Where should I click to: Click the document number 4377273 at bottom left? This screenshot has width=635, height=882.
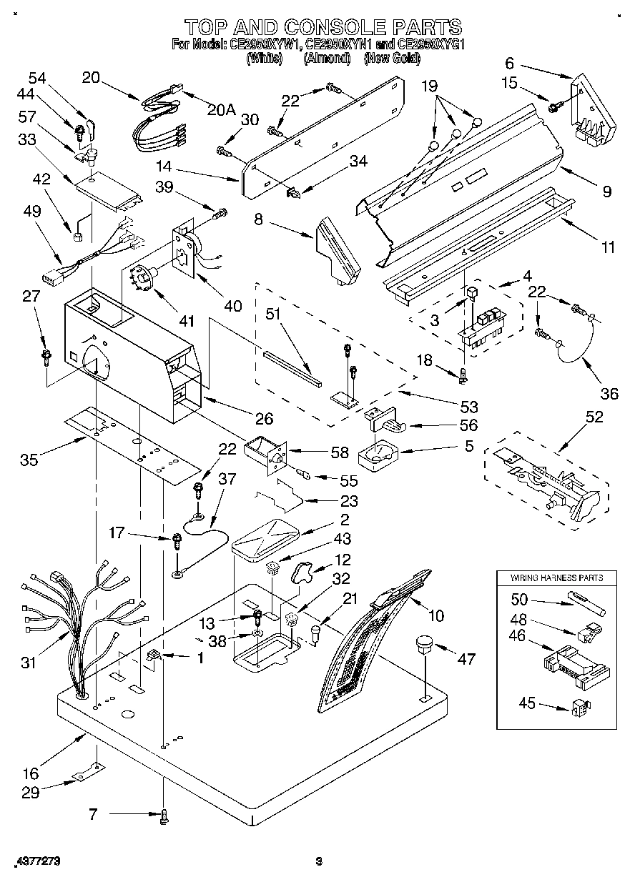tap(36, 861)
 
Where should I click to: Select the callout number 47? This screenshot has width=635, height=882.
tap(466, 659)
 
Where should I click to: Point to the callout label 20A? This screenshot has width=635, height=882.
tap(221, 109)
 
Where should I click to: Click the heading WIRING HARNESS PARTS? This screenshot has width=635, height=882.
tap(556, 578)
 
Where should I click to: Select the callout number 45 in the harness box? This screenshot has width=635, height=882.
tap(526, 703)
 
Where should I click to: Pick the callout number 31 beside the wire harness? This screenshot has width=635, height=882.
tap(28, 663)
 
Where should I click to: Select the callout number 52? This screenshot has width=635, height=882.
tap(593, 417)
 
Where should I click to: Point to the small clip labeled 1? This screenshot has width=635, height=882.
tap(152, 655)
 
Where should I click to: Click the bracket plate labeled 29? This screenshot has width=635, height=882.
tap(89, 773)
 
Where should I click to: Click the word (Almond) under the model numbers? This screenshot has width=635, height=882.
tap(325, 59)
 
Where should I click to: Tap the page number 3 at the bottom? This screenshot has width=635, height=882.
tap(319, 861)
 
